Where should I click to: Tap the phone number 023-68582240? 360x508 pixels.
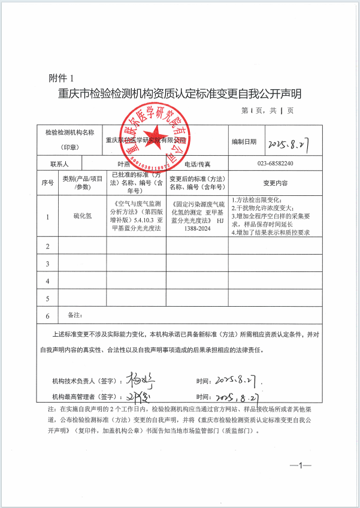pos(276,164)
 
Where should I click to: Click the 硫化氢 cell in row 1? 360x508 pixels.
pos(83,216)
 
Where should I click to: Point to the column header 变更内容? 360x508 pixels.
pos(276,183)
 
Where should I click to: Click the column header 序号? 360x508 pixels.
pos(47,183)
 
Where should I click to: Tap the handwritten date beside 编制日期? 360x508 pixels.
pos(292,144)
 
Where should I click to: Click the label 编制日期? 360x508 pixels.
pos(244,142)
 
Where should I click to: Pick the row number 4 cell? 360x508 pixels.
pos(47,280)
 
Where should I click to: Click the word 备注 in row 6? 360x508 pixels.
pos(75,314)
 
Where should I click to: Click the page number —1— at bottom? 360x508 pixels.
pos(298,464)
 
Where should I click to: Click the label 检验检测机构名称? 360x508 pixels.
pos(70,132)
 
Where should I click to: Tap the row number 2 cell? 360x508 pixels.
pos(47,246)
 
